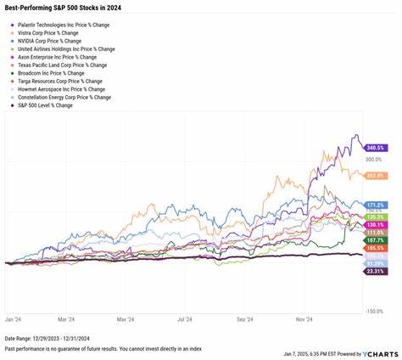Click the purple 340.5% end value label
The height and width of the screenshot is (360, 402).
click(x=376, y=146)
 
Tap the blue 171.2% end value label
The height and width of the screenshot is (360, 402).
click(x=376, y=205)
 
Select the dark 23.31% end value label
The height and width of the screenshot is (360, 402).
click(x=376, y=272)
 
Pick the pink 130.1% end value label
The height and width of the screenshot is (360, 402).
click(x=376, y=224)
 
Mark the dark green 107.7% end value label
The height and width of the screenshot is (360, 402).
click(x=376, y=241)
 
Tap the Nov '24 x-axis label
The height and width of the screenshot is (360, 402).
click(x=301, y=320)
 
